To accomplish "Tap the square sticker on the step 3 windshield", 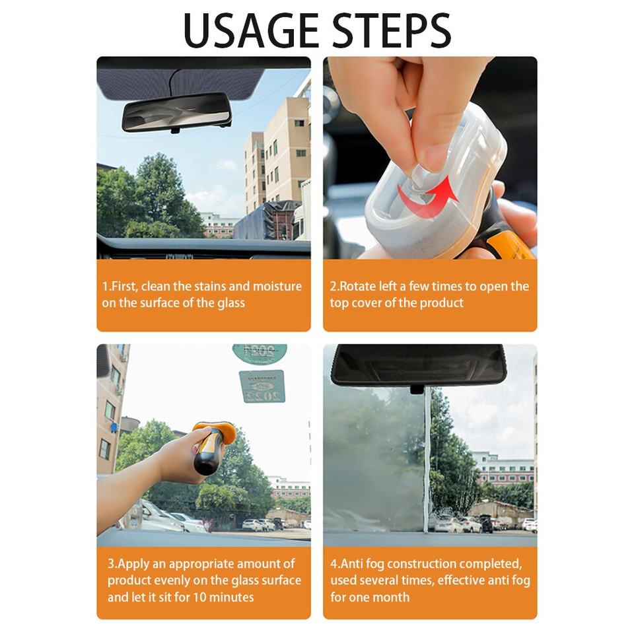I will [x=262, y=386].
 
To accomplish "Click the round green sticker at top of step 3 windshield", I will [x=259, y=352].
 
